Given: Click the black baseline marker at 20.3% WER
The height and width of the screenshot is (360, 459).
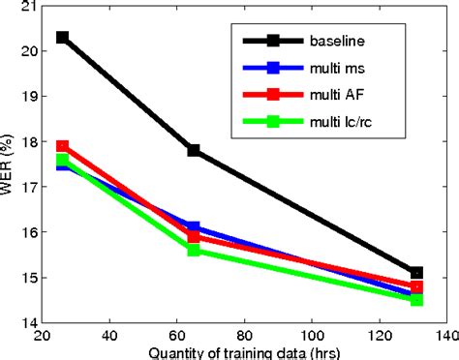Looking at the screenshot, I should click(64, 37).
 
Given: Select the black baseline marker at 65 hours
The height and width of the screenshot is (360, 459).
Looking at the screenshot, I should click(194, 150).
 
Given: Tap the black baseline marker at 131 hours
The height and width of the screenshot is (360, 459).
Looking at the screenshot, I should click(416, 273).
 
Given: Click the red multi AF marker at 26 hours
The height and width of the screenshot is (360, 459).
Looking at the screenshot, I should click(64, 146).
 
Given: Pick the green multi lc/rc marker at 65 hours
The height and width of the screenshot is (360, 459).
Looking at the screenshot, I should click(194, 250).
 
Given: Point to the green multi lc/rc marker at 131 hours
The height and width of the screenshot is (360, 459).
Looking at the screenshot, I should click(416, 300).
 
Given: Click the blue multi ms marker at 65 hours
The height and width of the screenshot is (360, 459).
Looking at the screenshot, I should click(194, 227).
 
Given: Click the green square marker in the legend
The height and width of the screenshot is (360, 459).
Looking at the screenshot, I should click(273, 122).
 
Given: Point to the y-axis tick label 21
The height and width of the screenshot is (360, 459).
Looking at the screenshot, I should click(29, 7).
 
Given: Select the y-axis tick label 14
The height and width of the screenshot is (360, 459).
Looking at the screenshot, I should click(29, 322).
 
